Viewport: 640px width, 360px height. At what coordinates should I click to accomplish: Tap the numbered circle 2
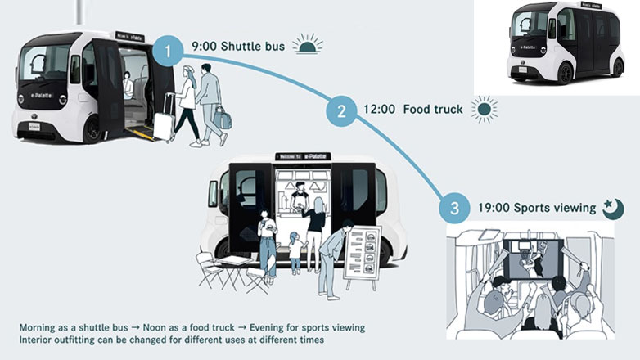pyautogui.click(x=337, y=110)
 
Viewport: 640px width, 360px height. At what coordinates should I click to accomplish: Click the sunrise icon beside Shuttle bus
pyautogui.click(x=308, y=46)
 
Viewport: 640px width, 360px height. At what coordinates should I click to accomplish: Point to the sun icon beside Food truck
pyautogui.click(x=485, y=109)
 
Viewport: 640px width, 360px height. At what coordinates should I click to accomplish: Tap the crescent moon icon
pyautogui.click(x=613, y=209)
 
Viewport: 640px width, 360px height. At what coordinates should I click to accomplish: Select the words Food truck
pyautogui.click(x=433, y=109)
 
